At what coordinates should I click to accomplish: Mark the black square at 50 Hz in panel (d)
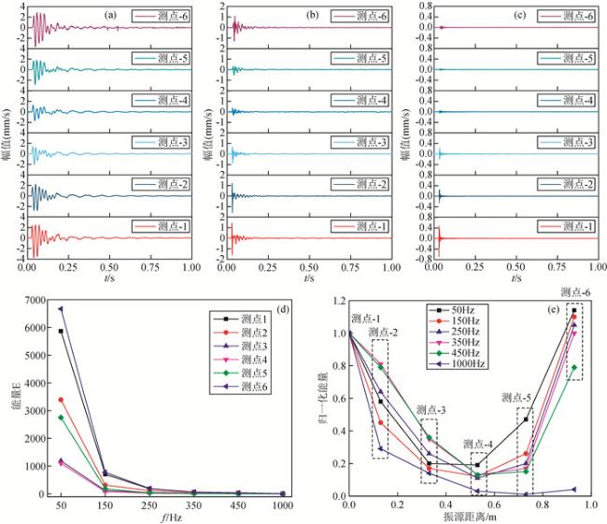[x=60, y=332]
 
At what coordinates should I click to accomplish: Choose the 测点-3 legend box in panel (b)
[x=359, y=142]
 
